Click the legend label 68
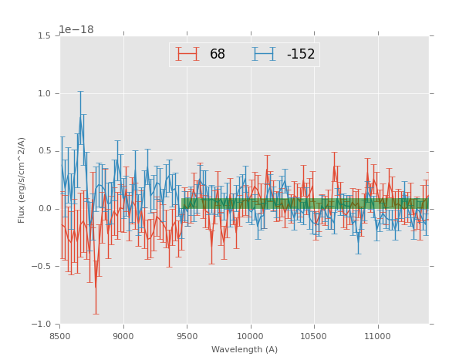(217, 55)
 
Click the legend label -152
(300, 55)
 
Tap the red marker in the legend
(187, 54)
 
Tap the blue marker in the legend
(264, 54)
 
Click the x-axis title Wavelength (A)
(244, 350)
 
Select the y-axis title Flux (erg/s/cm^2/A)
(22, 180)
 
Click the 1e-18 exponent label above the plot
(76, 30)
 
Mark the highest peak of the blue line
(79, 118)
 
